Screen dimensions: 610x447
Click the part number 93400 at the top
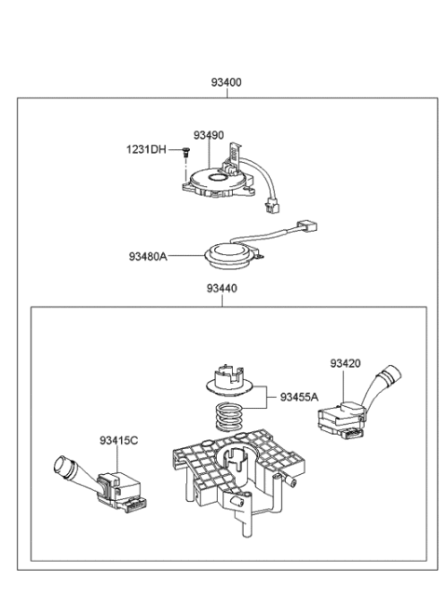pyautogui.click(x=224, y=82)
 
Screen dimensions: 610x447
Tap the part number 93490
pyautogui.click(x=210, y=136)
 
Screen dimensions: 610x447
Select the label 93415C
pyautogui.click(x=118, y=441)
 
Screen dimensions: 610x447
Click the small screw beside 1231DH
pyautogui.click(x=186, y=154)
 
